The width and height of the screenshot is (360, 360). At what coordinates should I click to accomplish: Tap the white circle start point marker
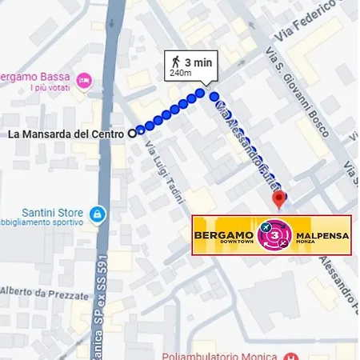(132, 134)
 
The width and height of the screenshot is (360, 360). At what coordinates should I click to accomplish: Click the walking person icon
(174, 62)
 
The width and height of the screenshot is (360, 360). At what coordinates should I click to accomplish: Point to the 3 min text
(198, 62)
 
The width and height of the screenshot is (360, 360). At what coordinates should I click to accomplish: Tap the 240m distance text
(181, 74)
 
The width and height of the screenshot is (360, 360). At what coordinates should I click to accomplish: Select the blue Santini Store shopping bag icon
(97, 214)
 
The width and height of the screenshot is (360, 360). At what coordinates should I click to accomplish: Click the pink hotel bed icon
(85, 80)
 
